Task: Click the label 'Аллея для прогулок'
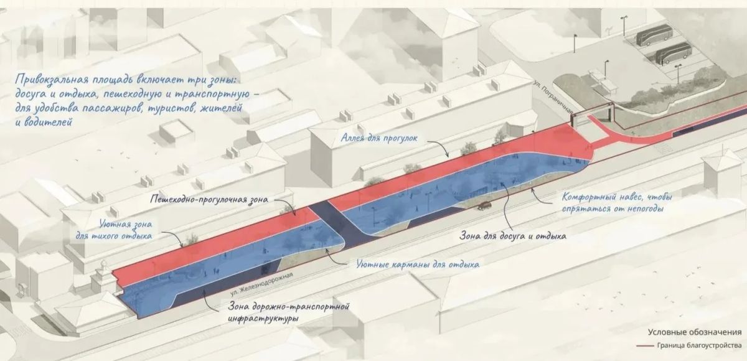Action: tap(379, 138)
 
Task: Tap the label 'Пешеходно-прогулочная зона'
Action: tap(209, 199)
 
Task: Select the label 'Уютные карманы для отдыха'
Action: tap(418, 265)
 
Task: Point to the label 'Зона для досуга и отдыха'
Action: tap(512, 237)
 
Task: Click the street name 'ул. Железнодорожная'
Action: tap(261, 284)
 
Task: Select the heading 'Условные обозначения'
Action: tap(695, 332)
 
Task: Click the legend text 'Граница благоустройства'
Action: tap(699, 345)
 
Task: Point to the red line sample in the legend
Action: tap(645, 345)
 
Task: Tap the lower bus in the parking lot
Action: tap(673, 54)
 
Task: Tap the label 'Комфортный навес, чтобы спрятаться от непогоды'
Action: tap(617, 203)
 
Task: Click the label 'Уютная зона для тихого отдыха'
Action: tap(114, 230)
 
